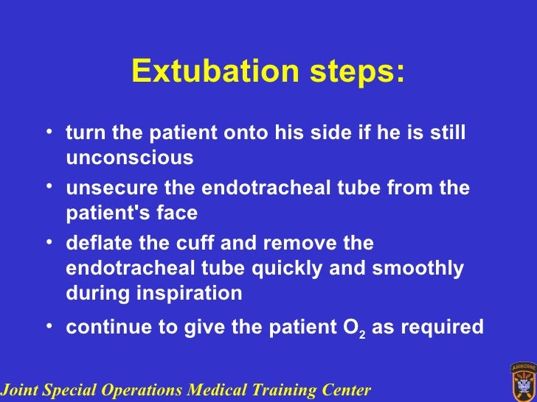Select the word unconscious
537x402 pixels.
click(x=130, y=158)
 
